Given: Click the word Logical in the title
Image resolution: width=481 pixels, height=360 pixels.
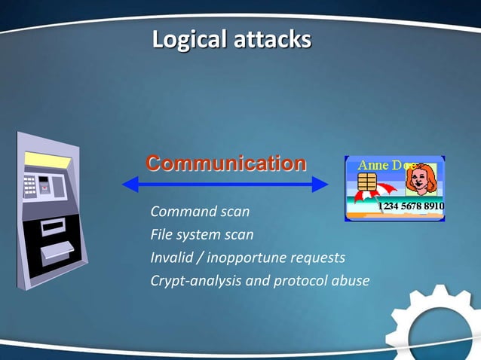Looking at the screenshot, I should click(x=189, y=39).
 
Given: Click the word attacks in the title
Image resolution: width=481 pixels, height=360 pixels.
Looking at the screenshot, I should click(x=271, y=39).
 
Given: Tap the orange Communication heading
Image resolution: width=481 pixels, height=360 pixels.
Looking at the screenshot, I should click(x=226, y=163).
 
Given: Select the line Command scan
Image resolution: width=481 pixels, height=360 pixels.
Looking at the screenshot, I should click(x=200, y=212).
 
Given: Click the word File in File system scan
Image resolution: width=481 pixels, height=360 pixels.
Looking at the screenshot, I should click(x=161, y=234).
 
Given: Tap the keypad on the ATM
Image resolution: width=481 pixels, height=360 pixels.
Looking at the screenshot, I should click(x=30, y=184).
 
